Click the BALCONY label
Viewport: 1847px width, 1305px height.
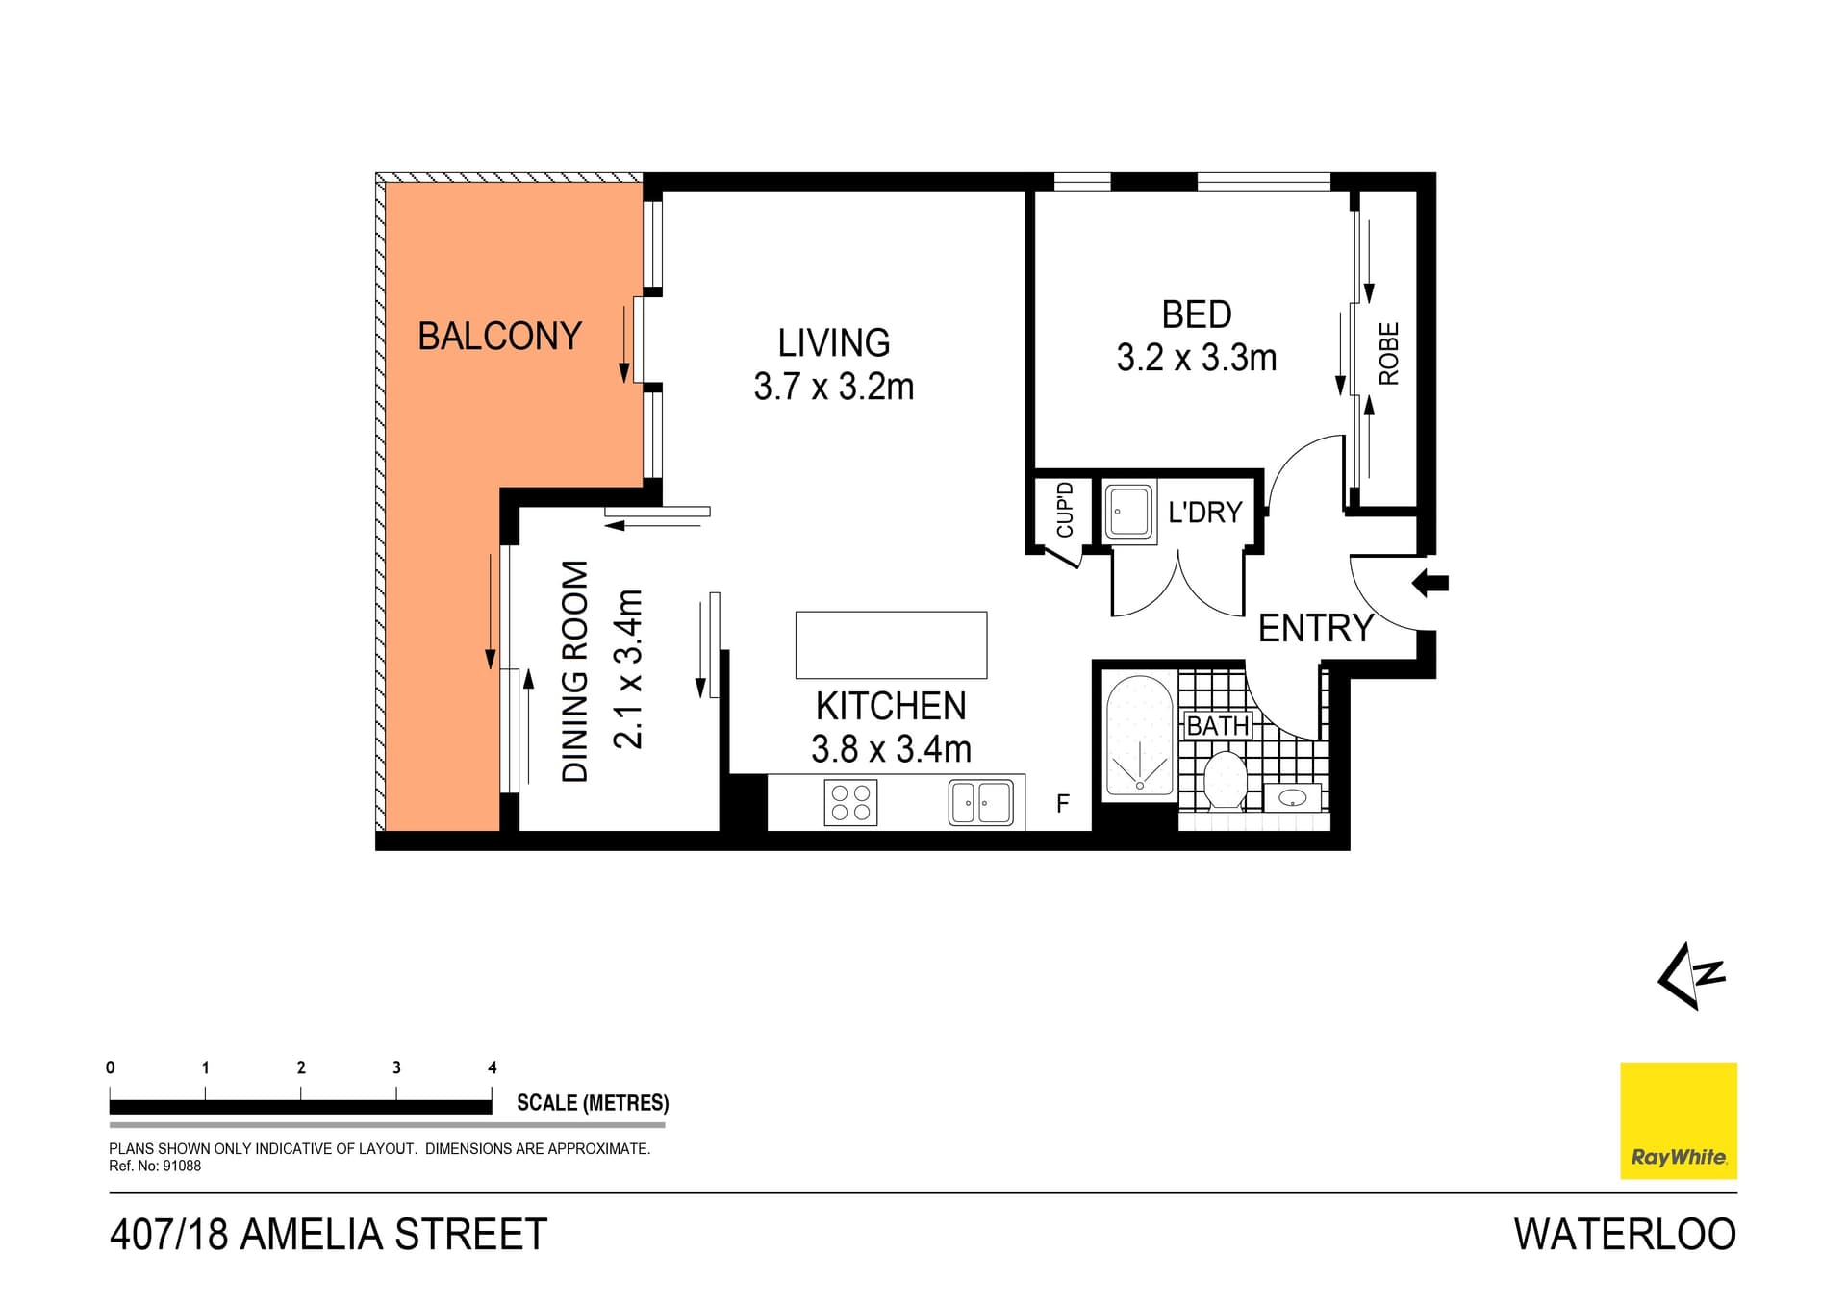499,337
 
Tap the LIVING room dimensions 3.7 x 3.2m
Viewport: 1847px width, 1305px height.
833,387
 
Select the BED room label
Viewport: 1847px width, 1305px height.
1196,314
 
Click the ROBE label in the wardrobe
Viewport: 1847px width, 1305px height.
1388,354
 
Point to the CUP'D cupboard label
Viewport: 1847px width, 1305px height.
1065,510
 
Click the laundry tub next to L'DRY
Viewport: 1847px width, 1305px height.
1128,513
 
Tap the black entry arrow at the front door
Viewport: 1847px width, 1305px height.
1430,583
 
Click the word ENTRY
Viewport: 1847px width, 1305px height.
1315,628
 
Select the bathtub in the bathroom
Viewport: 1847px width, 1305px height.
1139,736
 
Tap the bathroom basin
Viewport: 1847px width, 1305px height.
1292,797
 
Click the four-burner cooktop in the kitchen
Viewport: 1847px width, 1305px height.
850,802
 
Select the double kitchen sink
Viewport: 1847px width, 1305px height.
980,802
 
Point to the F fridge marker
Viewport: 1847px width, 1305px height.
1063,803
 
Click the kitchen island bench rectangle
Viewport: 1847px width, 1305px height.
891,644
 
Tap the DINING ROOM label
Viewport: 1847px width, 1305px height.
574,671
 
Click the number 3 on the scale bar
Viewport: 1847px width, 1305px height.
396,1067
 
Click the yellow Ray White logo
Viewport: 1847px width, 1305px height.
1678,1120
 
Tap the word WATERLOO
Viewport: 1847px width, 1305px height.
1624,1235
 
